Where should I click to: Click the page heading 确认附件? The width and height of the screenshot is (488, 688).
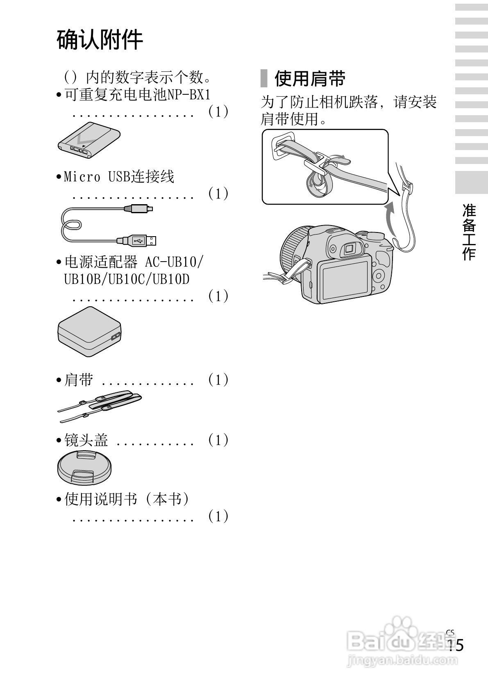[x=100, y=40]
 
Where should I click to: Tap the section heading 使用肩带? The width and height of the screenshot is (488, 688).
[x=309, y=79]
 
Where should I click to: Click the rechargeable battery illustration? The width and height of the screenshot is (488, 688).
[x=89, y=140]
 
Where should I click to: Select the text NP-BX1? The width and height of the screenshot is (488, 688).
[x=189, y=95]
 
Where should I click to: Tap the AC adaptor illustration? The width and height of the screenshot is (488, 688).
[x=90, y=332]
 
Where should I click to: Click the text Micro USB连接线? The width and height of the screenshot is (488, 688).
[x=119, y=177]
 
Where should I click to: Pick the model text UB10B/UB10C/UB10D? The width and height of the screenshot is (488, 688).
[x=127, y=279]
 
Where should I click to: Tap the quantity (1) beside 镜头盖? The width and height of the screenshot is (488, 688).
[x=218, y=440]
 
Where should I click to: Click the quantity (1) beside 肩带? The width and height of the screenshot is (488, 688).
[x=218, y=380]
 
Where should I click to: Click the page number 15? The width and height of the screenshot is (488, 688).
[x=455, y=645]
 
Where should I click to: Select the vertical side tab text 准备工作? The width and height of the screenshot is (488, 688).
[x=469, y=232]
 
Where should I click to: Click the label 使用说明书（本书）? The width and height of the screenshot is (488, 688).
[x=127, y=499]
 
